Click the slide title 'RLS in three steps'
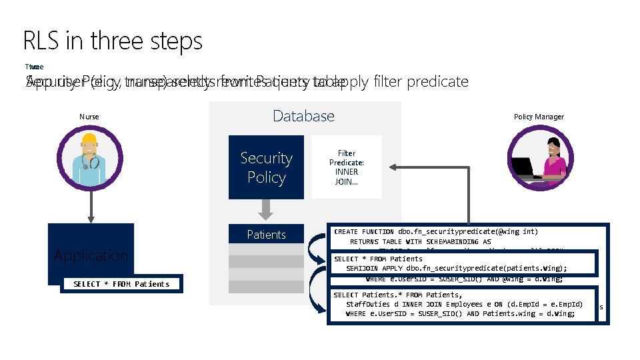click(112, 41)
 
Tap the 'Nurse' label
click(89, 117)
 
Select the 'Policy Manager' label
click(539, 117)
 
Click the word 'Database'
click(303, 116)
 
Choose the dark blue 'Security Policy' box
click(266, 167)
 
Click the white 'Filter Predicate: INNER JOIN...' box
click(346, 167)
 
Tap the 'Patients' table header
click(266, 235)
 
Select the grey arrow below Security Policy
click(266, 211)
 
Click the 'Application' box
click(91, 255)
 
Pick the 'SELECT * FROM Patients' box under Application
click(121, 284)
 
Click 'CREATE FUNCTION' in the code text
click(365, 232)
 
